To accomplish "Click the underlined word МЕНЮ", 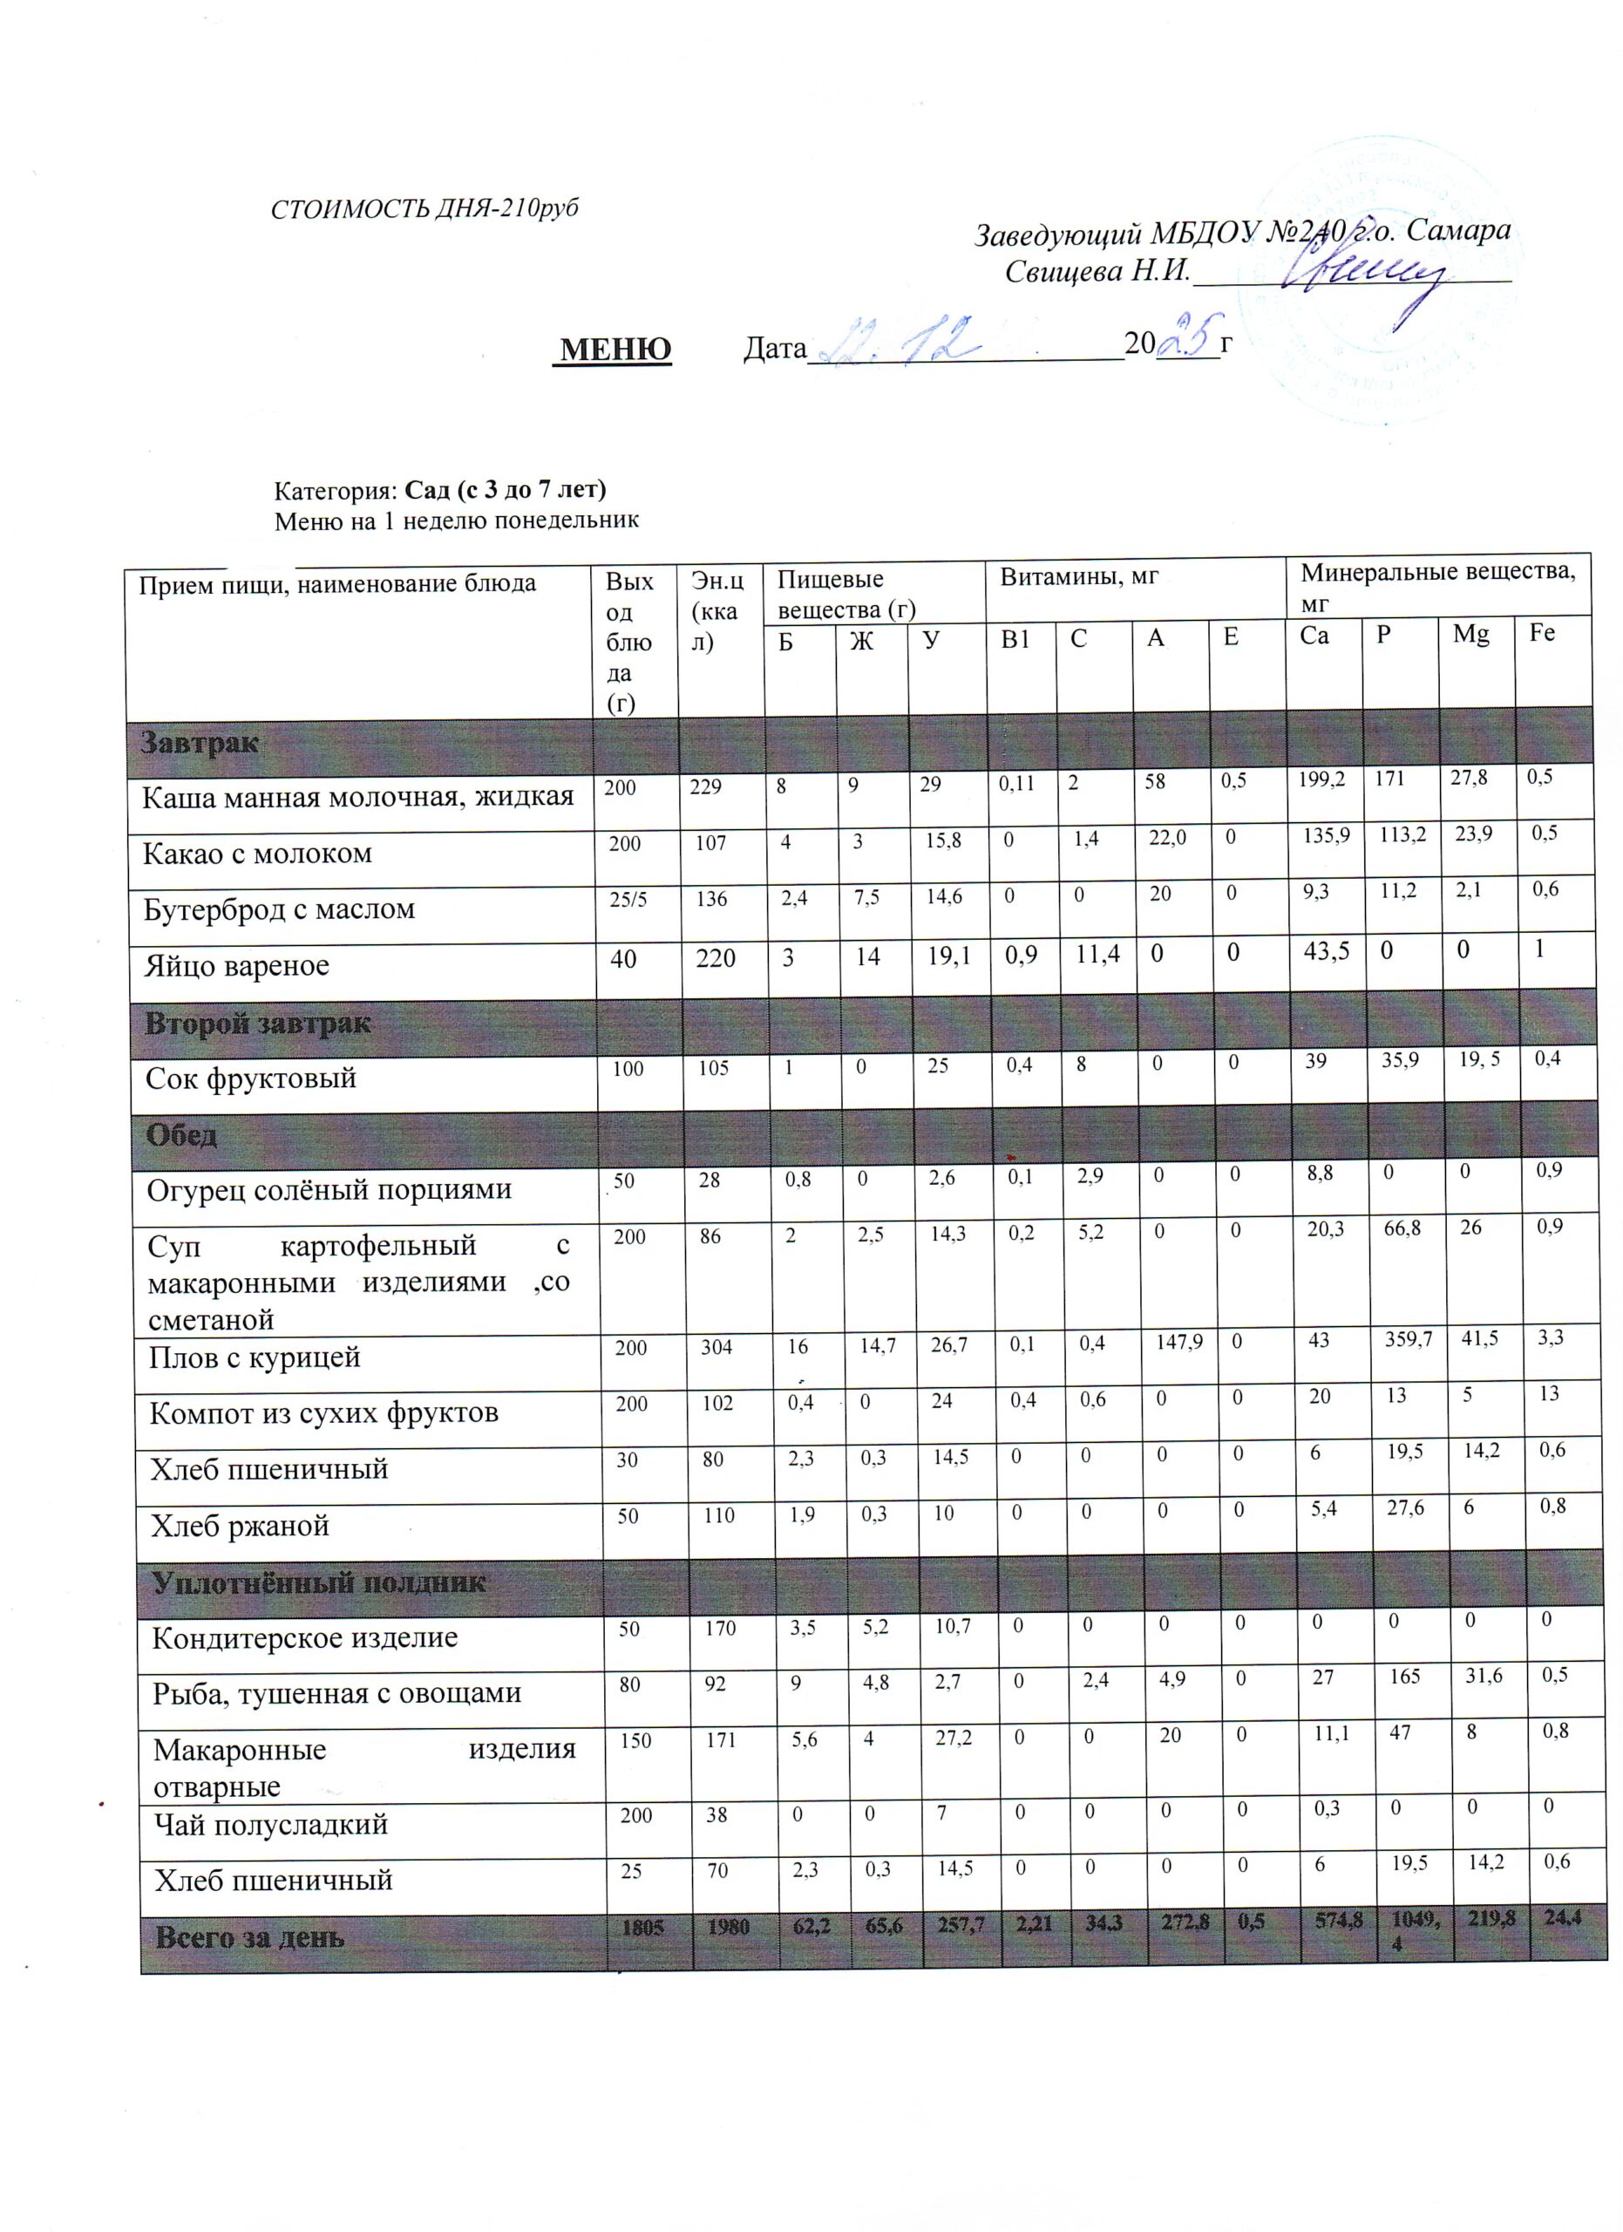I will click(x=615, y=349).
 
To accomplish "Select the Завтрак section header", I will click(x=200, y=743).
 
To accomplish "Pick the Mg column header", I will click(x=1470, y=635).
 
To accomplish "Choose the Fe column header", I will click(x=1542, y=633).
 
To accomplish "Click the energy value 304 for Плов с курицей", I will click(x=717, y=1347).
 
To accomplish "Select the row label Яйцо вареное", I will click(x=237, y=965).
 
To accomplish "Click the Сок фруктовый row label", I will click(x=251, y=1079).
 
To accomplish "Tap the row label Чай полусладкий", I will click(x=270, y=1824).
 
